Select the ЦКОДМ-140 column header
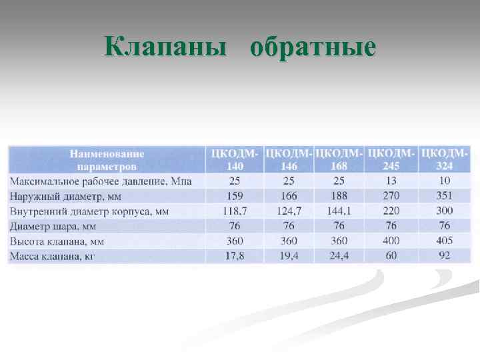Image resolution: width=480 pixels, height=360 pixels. (235, 159)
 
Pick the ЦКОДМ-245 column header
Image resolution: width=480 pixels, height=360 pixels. (391, 159)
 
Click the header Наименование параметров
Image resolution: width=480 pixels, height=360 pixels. (107, 159)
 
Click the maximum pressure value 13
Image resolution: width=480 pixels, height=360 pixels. (391, 181)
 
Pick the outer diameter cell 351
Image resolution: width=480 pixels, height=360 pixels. (444, 196)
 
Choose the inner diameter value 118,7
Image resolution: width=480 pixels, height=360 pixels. (235, 211)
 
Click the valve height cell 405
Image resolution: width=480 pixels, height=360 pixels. (444, 241)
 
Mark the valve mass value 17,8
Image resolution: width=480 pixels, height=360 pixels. (235, 255)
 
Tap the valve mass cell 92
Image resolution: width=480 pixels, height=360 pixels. (444, 255)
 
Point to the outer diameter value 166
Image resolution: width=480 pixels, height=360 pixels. (289, 196)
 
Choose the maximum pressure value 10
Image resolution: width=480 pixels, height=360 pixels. (444, 181)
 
